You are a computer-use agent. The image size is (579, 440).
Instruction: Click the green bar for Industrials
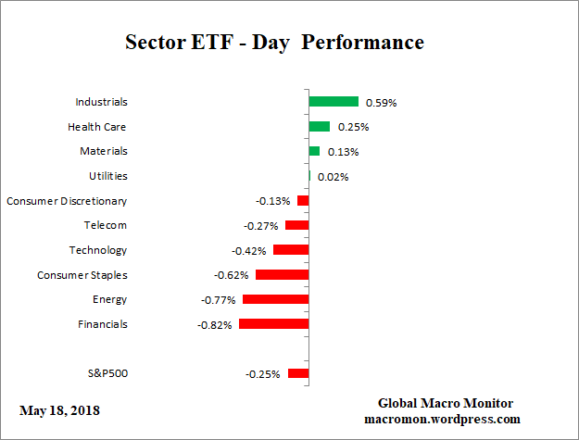point(334,102)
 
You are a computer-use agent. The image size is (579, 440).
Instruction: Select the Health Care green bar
point(320,127)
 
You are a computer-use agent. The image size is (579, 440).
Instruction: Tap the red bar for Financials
point(273,324)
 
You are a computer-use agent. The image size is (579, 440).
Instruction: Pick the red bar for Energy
point(275,299)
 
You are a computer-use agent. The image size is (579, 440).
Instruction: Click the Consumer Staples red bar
point(282,275)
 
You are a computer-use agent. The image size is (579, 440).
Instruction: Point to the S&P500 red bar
point(298,373)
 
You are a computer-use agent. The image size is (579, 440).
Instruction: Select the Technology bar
point(291,250)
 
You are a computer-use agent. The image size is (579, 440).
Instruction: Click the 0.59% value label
point(381,103)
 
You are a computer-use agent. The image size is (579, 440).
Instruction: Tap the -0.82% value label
point(216,325)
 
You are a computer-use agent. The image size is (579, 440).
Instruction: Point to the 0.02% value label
point(333,177)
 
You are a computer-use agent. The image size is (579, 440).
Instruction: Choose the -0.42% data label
point(249,251)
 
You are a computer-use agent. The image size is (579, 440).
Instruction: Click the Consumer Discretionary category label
point(67,201)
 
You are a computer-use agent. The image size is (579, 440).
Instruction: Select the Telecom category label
point(106,225)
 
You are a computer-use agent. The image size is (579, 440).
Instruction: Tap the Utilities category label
point(107,176)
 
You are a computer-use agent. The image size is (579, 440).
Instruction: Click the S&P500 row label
point(106,373)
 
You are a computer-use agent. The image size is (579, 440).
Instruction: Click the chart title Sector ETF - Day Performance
point(274,43)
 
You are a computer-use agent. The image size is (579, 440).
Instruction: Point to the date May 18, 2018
point(59,410)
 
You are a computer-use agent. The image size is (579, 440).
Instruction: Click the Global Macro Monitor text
point(445,403)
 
